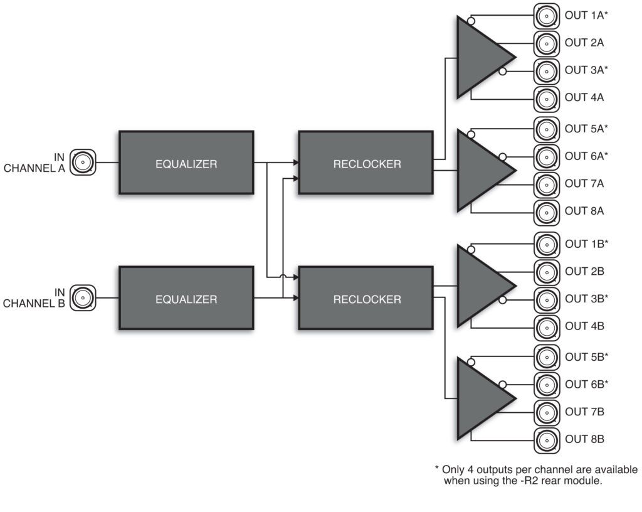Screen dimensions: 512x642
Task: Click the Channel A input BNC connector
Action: point(83,163)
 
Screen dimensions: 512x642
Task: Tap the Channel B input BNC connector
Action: point(83,298)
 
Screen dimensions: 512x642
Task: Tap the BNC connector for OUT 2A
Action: point(546,43)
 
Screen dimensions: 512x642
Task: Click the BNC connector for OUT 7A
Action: point(546,184)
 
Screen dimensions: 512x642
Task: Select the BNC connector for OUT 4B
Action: point(546,326)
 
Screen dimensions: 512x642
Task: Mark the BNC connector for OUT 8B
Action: point(546,439)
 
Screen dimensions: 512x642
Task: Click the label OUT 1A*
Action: point(586,15)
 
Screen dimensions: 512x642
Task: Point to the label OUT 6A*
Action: point(586,156)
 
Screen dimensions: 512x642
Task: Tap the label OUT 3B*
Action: point(586,299)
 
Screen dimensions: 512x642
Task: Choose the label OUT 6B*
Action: point(586,384)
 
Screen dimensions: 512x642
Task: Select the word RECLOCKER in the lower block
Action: point(367,299)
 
